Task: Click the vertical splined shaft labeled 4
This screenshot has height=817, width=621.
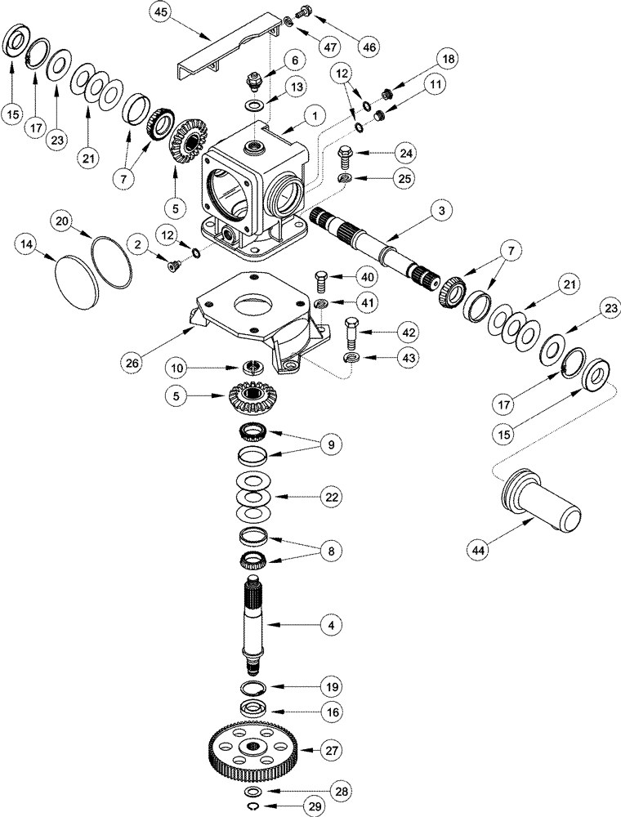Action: click(257, 629)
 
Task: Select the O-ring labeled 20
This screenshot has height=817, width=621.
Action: click(112, 261)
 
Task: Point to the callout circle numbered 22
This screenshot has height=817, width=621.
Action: click(330, 496)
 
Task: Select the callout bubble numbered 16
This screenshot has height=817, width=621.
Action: click(330, 712)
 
